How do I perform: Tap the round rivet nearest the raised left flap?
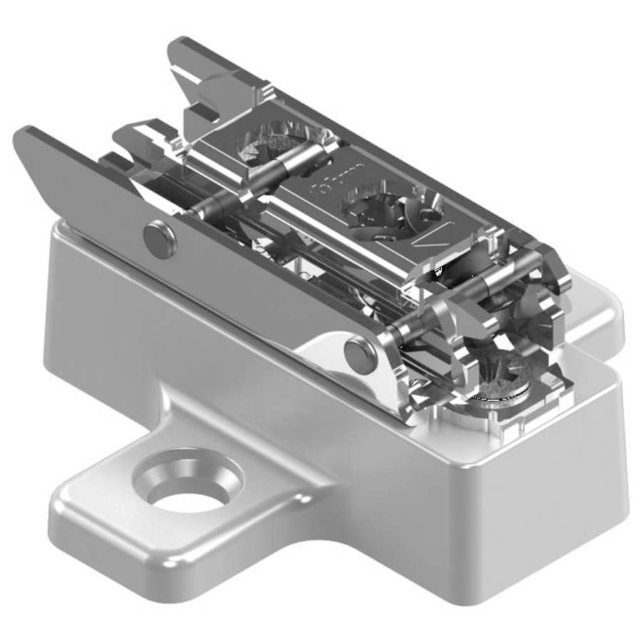click(160, 240)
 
